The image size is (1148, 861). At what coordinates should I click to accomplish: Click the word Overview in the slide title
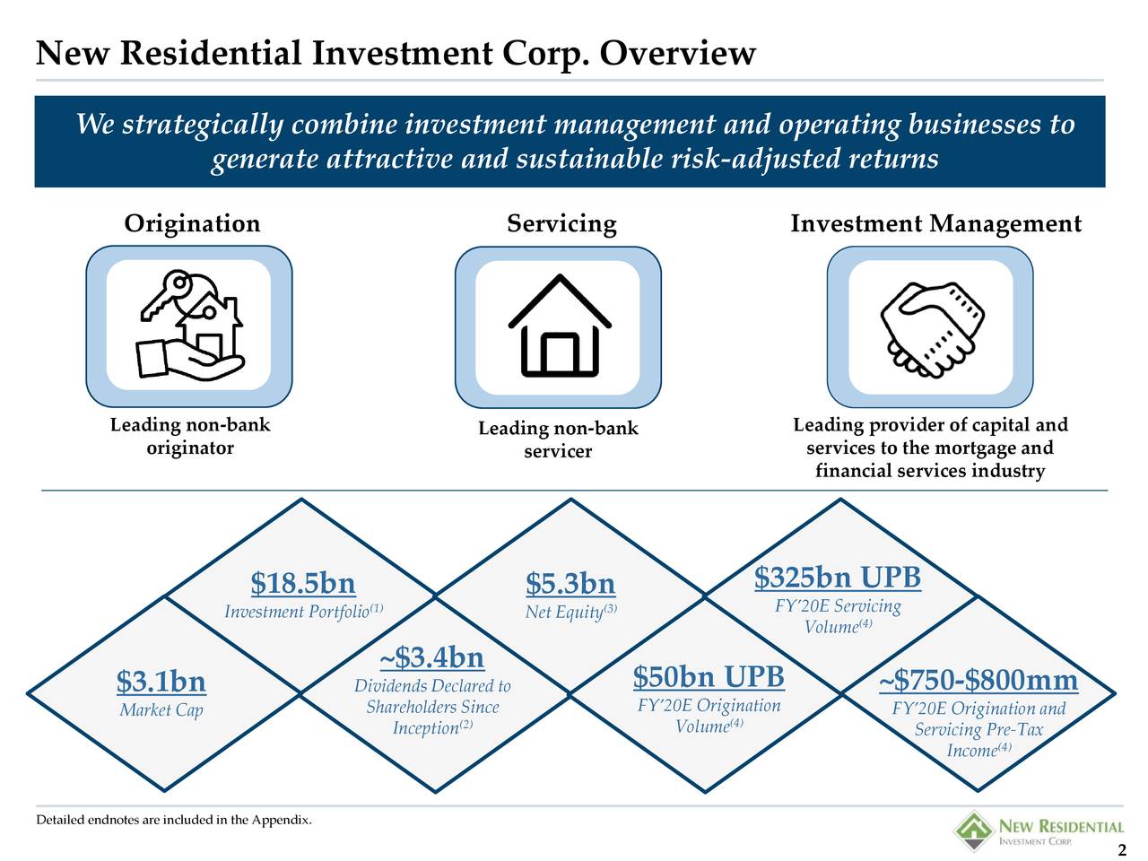677,54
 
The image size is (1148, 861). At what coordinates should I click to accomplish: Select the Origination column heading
192,223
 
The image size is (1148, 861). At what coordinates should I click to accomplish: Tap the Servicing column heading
561,223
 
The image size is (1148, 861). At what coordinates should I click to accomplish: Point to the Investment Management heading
935,223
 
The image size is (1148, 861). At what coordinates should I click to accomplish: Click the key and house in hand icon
189,326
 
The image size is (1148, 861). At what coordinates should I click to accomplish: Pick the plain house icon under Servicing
559,326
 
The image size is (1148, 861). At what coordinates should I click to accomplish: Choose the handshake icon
929,326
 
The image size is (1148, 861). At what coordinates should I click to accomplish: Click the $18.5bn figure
303,584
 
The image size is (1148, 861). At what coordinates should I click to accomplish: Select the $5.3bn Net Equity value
570,585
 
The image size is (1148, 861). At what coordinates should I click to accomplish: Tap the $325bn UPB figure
838,578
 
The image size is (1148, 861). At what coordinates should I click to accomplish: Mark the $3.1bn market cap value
161,683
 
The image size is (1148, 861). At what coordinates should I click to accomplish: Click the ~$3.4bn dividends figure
432,657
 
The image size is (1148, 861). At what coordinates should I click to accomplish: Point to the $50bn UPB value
709,676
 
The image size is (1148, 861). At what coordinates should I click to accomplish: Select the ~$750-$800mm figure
978,682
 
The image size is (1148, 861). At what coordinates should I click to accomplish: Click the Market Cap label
161,711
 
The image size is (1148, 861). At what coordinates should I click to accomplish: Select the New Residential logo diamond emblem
971,830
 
